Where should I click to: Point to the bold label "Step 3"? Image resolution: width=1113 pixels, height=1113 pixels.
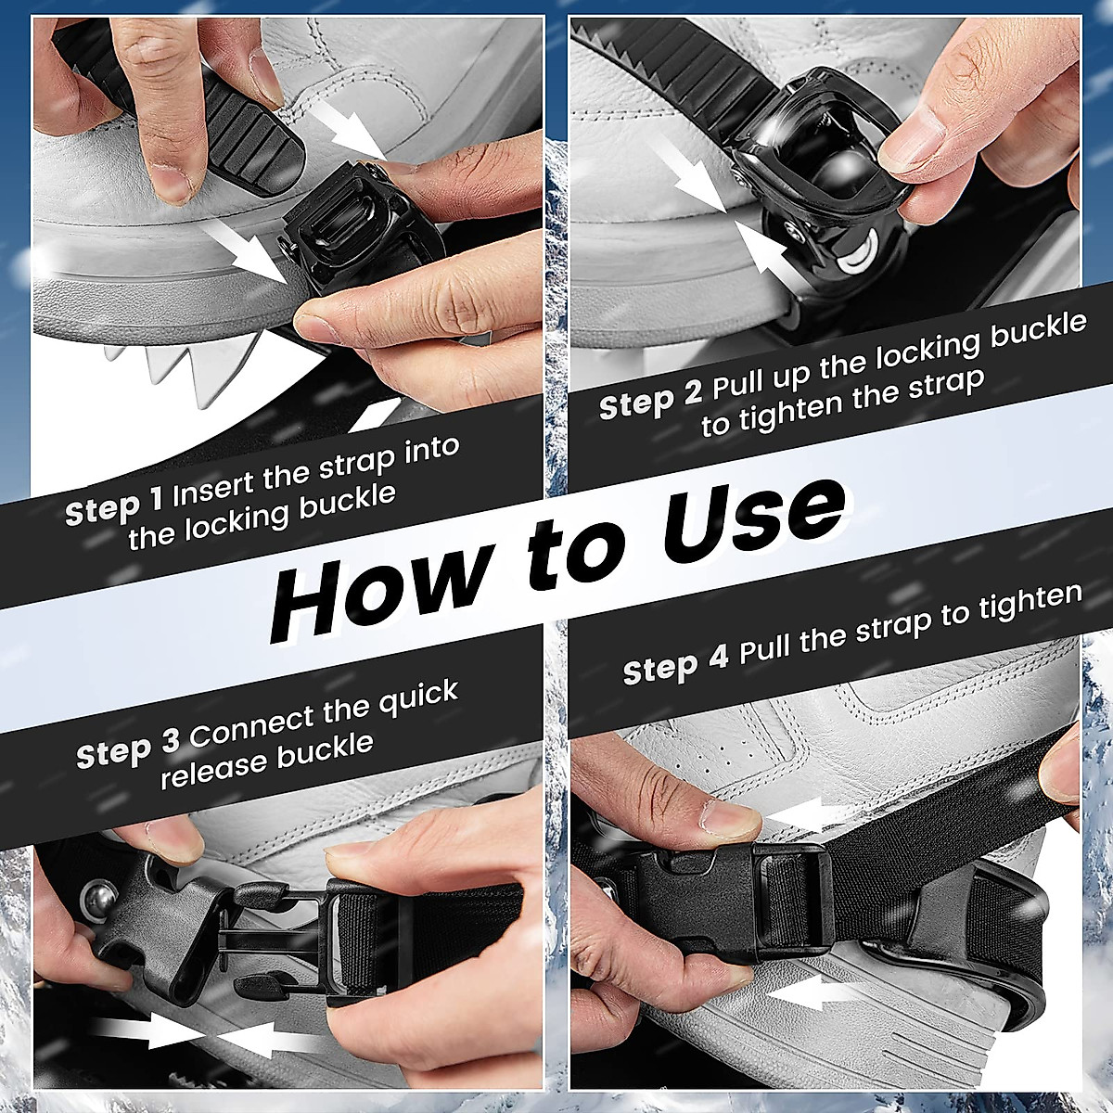click(x=128, y=748)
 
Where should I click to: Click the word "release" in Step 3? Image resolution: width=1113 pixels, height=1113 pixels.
click(x=212, y=763)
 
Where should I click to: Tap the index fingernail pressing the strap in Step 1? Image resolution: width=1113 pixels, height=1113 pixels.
click(x=173, y=185)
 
